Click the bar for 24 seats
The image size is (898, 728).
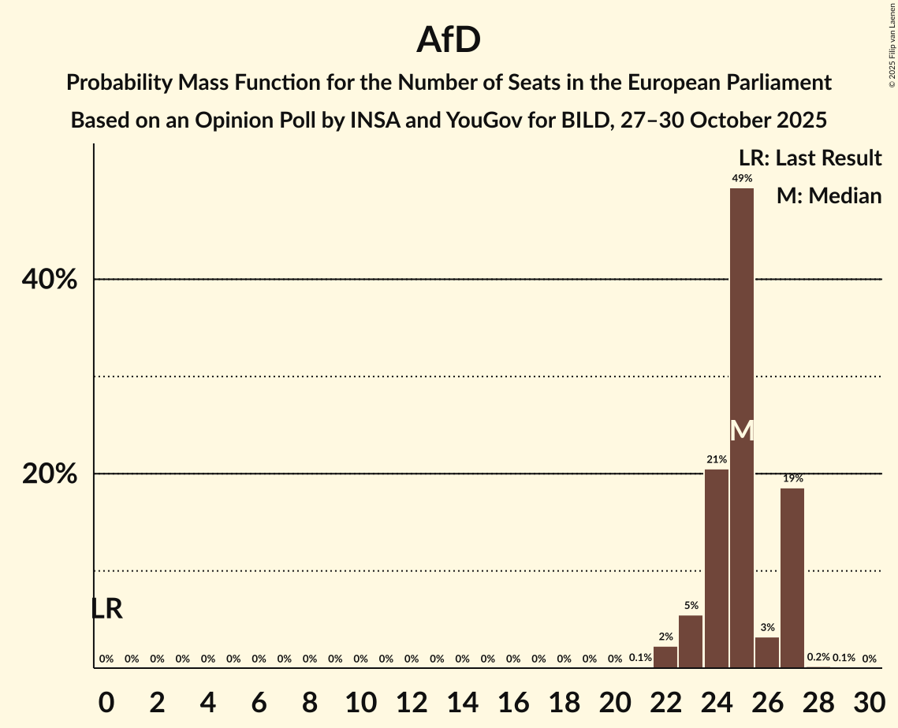point(716,568)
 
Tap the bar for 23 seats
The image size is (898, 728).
point(691,641)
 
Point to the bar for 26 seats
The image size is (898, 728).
point(767,652)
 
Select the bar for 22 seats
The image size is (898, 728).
point(665,657)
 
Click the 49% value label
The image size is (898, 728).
point(741,179)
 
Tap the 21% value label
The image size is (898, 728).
point(716,459)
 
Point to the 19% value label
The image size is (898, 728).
point(792,478)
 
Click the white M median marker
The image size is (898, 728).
point(741,430)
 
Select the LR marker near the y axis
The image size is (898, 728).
point(106,609)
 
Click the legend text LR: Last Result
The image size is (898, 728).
point(810,158)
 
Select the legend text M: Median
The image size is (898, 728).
point(829,195)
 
